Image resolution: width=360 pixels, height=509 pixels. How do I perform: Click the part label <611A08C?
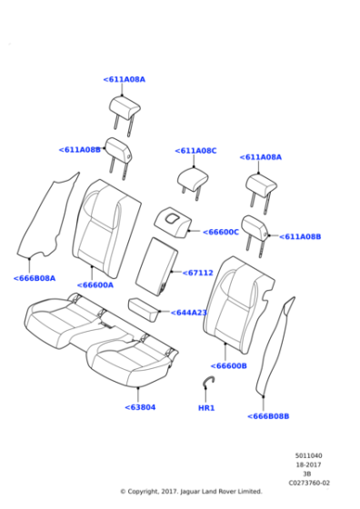[x=195, y=151]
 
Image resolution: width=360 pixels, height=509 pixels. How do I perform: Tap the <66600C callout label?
[x=219, y=233]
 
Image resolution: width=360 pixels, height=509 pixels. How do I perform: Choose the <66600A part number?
[x=95, y=285]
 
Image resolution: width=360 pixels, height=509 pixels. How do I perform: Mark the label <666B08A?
[x=35, y=279]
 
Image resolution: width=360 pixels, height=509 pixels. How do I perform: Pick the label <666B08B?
[x=268, y=416]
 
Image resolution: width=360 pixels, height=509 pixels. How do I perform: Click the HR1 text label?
[x=206, y=408]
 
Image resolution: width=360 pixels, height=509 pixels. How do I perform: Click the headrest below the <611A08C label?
[x=194, y=179]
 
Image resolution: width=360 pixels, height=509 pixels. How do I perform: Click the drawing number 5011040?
[x=308, y=456]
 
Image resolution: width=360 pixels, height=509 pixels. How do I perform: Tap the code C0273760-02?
[x=308, y=484]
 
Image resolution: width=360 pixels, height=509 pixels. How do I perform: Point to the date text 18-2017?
[x=308, y=465]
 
